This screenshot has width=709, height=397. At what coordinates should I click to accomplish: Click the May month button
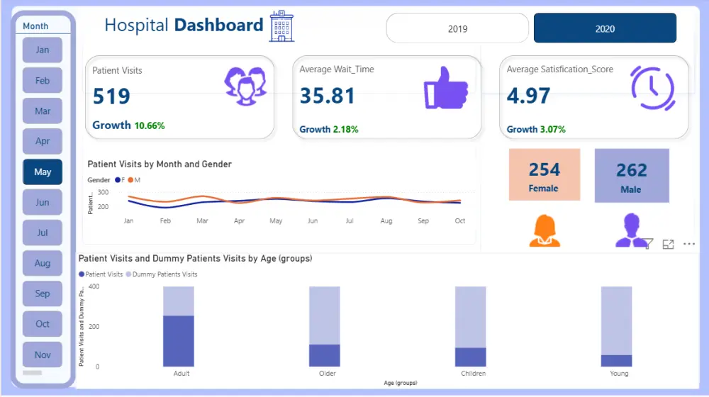point(43,172)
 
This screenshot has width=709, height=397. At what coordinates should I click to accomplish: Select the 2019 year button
point(457,28)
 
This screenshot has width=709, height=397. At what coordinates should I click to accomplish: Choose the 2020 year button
point(605,28)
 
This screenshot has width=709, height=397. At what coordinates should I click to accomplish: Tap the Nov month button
point(43,354)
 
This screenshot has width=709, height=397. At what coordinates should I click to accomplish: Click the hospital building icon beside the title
point(281,26)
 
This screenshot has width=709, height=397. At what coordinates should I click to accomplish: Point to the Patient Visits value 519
point(111,96)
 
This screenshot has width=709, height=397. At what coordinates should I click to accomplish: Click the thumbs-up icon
point(445,89)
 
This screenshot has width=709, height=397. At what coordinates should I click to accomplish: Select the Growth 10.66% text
point(128,125)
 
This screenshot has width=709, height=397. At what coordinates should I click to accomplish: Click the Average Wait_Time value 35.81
point(327,96)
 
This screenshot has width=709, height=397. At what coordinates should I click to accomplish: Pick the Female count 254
point(544,170)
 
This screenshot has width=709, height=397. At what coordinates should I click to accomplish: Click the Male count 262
point(631,170)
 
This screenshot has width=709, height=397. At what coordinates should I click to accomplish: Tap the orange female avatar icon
point(545,231)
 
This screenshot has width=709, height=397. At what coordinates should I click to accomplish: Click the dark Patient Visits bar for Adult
point(178,341)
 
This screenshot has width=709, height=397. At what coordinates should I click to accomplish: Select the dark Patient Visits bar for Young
point(616,361)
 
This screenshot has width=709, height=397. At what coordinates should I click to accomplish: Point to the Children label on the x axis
point(473,374)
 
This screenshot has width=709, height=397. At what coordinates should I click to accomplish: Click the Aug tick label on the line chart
point(386,221)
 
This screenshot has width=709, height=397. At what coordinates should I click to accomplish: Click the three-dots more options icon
point(688,244)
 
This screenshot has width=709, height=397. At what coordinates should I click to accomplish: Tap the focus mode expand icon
point(668,244)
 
